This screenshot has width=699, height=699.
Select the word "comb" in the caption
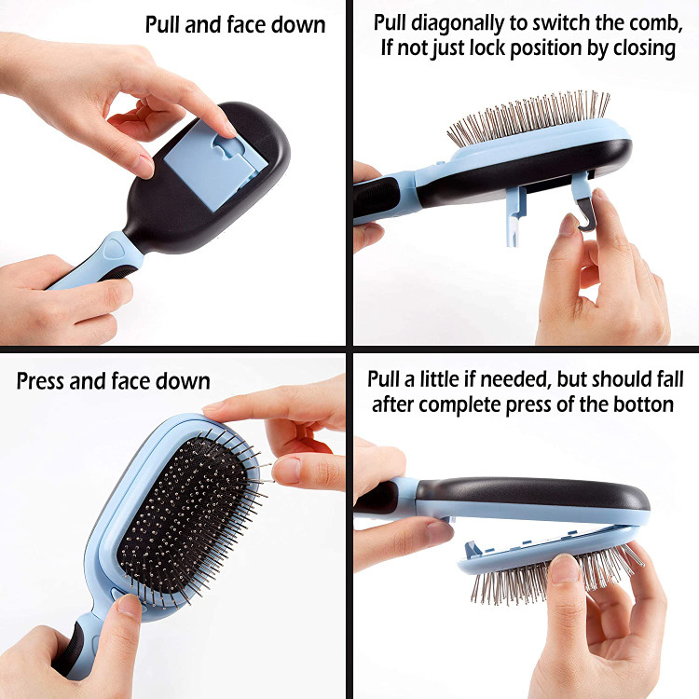pyautogui.click(x=657, y=23)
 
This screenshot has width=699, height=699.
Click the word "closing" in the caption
pyautogui.click(x=644, y=48)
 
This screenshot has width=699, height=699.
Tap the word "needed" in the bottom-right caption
pyautogui.click(x=515, y=380)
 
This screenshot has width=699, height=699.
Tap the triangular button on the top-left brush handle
pyautogui.click(x=116, y=247)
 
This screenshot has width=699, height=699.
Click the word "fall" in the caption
pyautogui.click(x=670, y=380)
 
